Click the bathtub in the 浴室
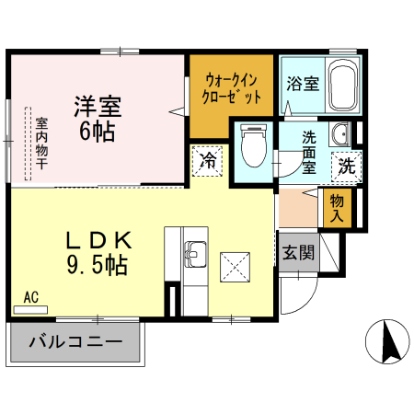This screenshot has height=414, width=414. (343, 85)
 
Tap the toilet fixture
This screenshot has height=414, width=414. (254, 145)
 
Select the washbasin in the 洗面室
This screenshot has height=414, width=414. (340, 134)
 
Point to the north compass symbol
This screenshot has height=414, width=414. (387, 341)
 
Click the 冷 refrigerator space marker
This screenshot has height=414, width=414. (207, 161)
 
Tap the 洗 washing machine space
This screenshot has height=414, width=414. (347, 167)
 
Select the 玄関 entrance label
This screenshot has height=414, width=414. (298, 253)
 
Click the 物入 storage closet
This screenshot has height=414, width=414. (337, 208)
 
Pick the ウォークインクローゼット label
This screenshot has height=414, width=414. (231, 89)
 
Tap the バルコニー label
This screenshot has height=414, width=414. (75, 341)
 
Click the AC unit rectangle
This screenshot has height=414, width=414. (30, 310)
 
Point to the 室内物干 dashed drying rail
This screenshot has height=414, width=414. (28, 144)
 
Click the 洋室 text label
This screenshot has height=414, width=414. (98, 107)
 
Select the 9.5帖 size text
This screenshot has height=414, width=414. (98, 265)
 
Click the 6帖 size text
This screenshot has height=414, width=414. (98, 132)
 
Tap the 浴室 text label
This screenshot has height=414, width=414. (303, 84)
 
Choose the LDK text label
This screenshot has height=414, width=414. (99, 240)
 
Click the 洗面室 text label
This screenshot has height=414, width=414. (309, 153)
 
